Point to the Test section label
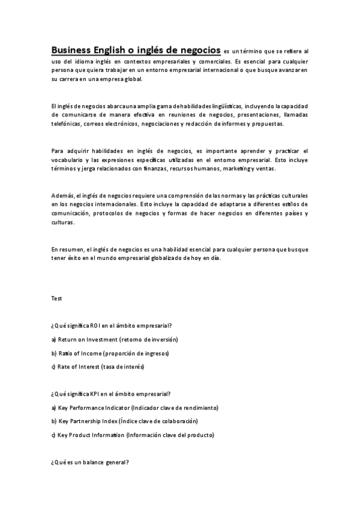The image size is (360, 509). pyautogui.click(x=56, y=298)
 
